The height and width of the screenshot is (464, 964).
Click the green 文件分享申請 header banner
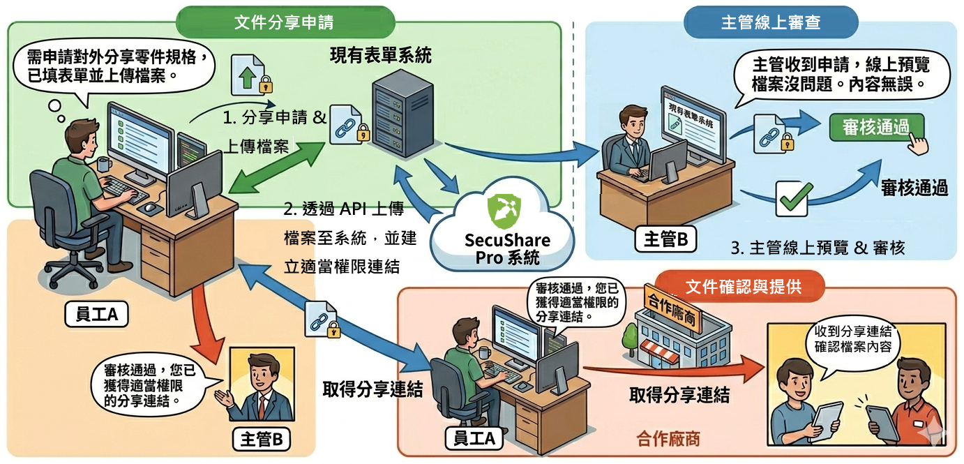click(285, 22)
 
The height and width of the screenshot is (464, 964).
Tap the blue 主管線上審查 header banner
click(770, 22)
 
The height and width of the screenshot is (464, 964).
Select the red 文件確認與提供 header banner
click(740, 287)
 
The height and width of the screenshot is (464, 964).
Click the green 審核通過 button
click(875, 127)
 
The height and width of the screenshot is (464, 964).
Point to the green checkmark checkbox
click(792, 198)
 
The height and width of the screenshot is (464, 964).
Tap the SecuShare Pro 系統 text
click(507, 249)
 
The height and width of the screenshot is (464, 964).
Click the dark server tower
click(402, 114)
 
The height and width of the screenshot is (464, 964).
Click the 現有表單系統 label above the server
click(380, 56)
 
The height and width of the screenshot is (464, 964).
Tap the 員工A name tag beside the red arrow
click(96, 314)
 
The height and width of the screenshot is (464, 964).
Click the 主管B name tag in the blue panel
click(665, 239)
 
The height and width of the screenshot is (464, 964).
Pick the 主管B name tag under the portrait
click(261, 440)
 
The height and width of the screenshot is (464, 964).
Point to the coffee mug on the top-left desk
click(104, 164)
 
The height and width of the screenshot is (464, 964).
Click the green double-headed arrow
click(277, 168)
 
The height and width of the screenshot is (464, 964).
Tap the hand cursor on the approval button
click(918, 144)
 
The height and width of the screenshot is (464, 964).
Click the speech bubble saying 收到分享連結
click(852, 345)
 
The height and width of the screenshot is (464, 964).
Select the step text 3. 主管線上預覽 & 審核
click(818, 248)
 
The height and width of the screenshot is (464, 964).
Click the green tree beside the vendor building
click(631, 339)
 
